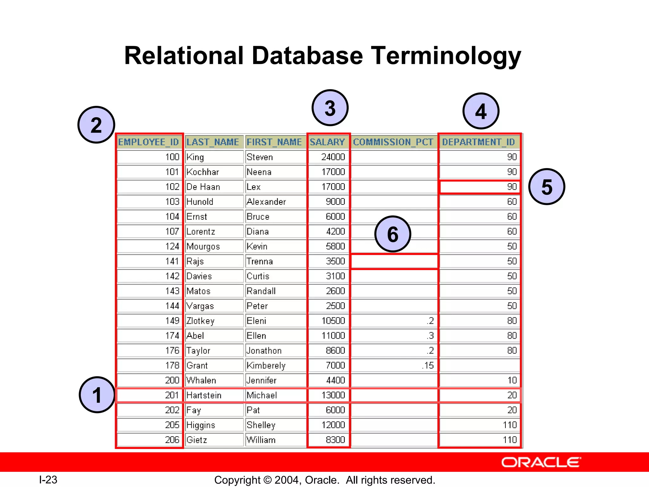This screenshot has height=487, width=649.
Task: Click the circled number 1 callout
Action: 97,395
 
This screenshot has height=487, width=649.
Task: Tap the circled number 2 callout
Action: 96,125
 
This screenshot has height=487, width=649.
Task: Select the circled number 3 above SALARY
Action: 330,108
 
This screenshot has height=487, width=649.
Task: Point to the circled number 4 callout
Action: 481,111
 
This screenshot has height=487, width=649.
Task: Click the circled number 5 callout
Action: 547,186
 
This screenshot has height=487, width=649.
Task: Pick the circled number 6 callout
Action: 393,234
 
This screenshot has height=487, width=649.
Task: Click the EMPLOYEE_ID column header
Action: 149,142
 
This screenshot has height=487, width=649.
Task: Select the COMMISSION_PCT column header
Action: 393,142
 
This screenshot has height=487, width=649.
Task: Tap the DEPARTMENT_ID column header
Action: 479,142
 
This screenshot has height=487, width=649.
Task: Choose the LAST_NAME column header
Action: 213,142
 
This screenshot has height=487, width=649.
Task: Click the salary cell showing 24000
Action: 333,157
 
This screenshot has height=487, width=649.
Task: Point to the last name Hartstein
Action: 204,395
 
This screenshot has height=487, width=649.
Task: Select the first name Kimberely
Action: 266,365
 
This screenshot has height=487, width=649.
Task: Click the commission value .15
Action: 428,365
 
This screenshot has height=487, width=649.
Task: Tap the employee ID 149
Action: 172,321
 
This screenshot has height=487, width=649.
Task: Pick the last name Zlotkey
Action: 200,321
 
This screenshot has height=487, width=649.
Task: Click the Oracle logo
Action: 541,462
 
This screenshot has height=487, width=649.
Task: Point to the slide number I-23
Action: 48,480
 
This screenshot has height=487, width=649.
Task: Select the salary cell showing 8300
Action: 335,440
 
